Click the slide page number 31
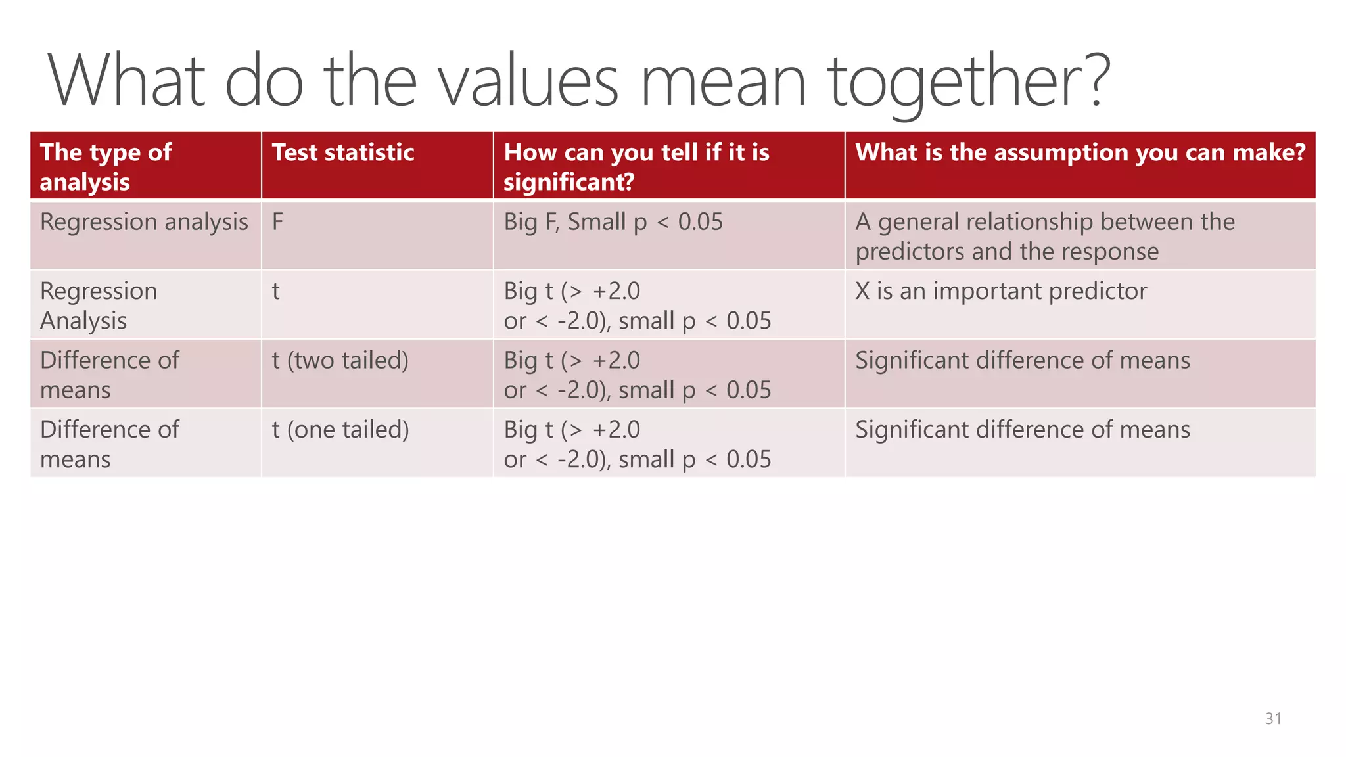pos(1273,718)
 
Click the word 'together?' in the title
pos(969,81)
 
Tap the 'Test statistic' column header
pos(343,152)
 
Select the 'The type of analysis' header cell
pos(106,167)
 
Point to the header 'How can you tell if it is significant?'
pos(636,167)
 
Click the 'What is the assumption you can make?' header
pos(1080,152)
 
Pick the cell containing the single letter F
pos(278,222)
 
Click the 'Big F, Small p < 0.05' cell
pos(613,222)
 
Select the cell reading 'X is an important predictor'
pos(1000,291)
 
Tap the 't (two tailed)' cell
pos(340,360)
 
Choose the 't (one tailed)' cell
pos(340,430)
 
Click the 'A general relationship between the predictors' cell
pos(1044,237)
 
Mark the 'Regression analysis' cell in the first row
pos(144,222)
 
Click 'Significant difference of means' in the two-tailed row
pos(1022,360)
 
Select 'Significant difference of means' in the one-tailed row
pos(1022,430)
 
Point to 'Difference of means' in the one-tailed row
pos(109,444)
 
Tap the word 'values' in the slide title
pos(529,81)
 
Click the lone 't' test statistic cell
pos(276,291)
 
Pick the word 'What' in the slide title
pos(126,81)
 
